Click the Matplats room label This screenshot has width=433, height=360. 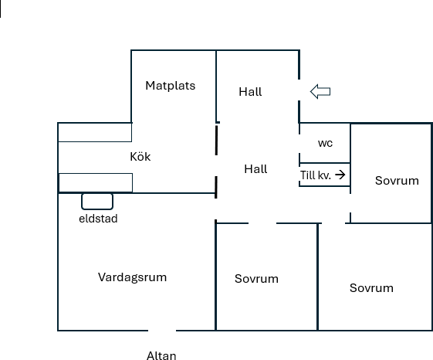[x=171, y=86]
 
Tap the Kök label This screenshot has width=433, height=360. [x=140, y=157]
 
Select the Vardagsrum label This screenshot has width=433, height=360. [x=132, y=277]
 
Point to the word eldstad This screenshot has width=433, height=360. [x=98, y=219]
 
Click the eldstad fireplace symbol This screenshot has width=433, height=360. [x=97, y=202]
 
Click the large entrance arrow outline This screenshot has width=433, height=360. [x=320, y=91]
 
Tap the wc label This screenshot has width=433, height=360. [x=325, y=143]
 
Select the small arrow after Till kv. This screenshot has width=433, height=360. [x=340, y=175]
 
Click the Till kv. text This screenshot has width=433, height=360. [x=316, y=175]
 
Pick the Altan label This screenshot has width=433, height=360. [x=161, y=355]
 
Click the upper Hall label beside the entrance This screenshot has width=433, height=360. [x=250, y=92]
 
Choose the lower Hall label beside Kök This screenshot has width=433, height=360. [x=255, y=169]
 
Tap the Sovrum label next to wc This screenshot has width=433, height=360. [x=397, y=181]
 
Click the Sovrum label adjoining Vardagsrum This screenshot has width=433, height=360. [x=256, y=279]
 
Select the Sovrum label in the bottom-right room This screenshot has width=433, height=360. [x=371, y=288]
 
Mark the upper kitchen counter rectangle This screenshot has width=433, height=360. [x=95, y=132]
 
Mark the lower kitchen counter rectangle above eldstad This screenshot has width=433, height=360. [x=96, y=182]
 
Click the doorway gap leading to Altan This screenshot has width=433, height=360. [x=162, y=331]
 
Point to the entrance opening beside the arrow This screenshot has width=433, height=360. [x=299, y=90]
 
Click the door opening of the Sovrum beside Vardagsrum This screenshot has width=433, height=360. [x=262, y=223]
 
